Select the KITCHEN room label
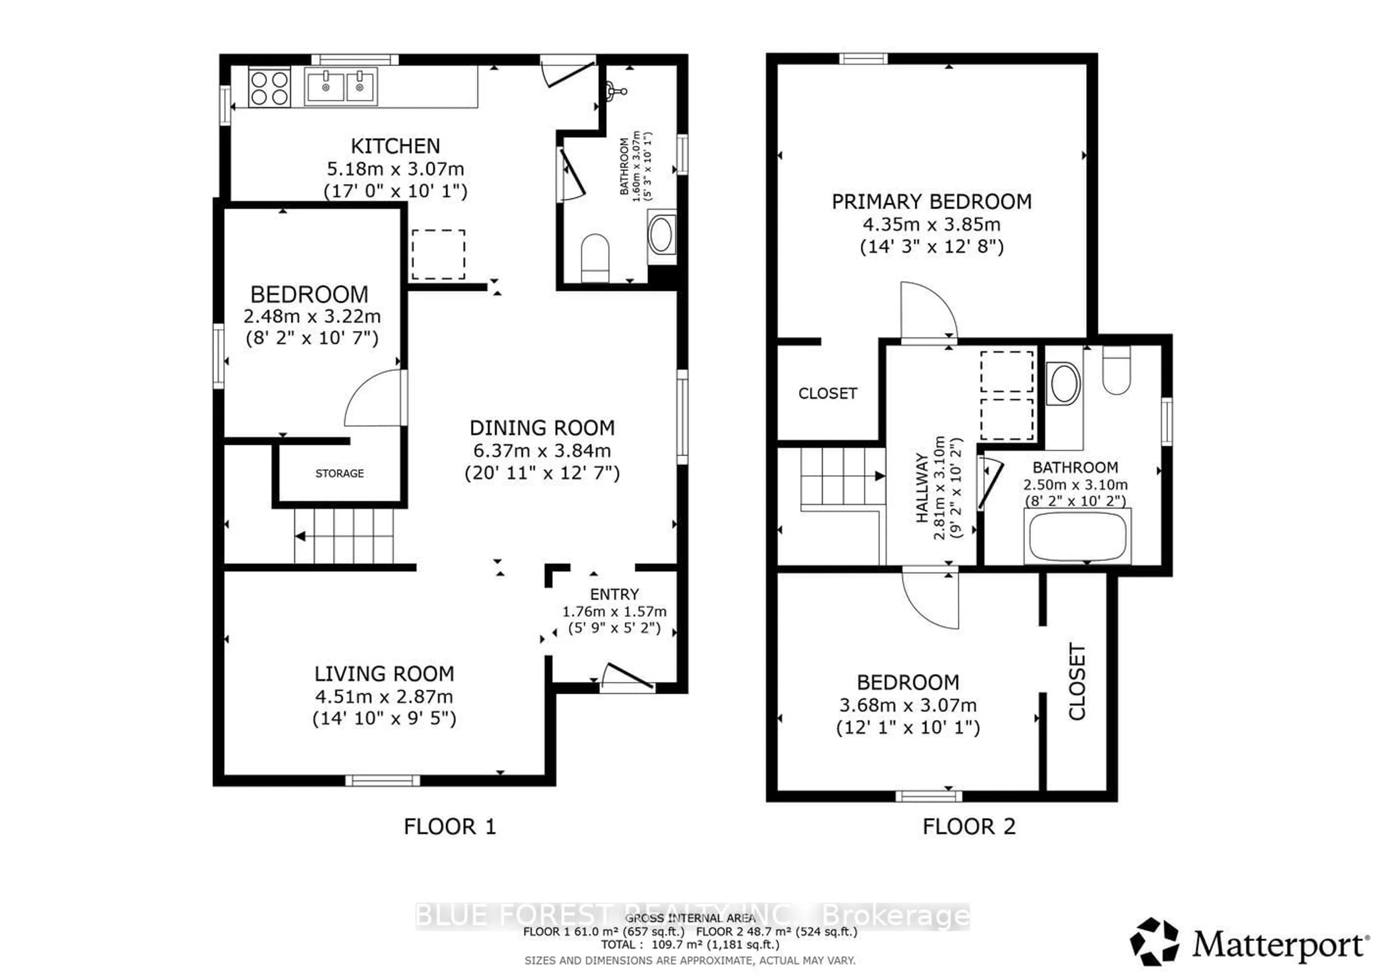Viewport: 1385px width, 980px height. [x=395, y=146]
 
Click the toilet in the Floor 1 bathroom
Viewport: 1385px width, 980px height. [x=595, y=257]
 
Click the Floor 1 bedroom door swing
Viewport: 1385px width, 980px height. [x=374, y=398]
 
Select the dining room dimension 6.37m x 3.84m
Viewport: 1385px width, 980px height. [x=542, y=451]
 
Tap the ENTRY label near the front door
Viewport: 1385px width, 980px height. [x=614, y=594]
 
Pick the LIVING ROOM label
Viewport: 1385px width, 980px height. [x=384, y=673]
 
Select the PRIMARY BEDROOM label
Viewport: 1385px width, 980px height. [x=931, y=202]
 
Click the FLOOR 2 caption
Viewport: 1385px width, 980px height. [x=969, y=826]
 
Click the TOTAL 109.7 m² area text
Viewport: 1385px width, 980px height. [x=690, y=944]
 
